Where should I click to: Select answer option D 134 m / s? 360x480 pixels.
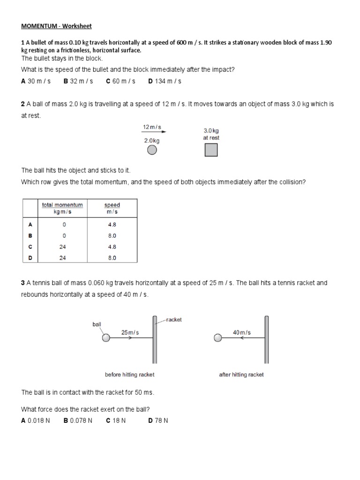point(165,81)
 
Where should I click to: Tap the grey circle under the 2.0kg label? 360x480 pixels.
point(151,150)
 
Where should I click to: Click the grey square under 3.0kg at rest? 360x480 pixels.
point(211,150)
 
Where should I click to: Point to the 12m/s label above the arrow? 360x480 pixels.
point(151,127)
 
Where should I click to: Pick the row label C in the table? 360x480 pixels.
point(30,247)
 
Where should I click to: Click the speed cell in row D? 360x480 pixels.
point(112,258)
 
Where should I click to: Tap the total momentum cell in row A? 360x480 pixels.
point(64,225)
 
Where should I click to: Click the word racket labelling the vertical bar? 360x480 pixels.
point(173,320)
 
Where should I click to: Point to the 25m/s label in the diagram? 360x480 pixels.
point(130,332)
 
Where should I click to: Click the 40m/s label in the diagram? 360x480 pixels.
point(242,332)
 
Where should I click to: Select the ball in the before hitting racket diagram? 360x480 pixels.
point(106,338)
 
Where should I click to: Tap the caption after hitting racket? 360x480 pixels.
point(241,375)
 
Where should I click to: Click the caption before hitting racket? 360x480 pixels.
point(129,375)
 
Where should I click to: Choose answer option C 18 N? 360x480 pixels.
point(116,420)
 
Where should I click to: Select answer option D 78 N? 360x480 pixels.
point(158,420)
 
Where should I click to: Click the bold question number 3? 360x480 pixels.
point(22,283)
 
